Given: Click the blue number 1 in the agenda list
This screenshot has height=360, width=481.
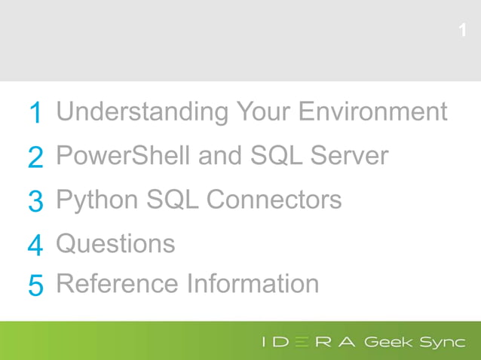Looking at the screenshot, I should tap(35, 114).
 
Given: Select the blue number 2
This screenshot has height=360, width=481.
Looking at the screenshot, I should tap(35, 157).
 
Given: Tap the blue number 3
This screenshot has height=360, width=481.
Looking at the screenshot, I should tap(35, 201).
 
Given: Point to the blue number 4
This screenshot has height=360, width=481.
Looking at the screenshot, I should tap(35, 246).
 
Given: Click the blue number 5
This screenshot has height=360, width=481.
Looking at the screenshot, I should tap(35, 285).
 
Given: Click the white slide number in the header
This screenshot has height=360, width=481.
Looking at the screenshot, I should tap(462, 31).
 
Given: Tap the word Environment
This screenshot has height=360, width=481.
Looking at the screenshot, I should tap(372, 111).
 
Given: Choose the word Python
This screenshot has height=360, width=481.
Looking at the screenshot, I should tap(97, 200).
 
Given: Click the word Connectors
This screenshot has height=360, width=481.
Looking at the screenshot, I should tap(274, 200).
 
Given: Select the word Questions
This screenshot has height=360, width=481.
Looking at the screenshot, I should tap(115, 244).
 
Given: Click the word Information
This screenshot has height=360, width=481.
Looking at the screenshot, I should tap(253, 283).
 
